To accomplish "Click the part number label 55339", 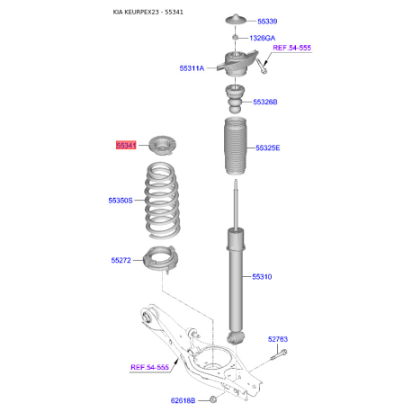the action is point(267,22).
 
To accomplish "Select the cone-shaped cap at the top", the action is point(236,20).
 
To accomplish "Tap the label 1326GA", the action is point(262,38).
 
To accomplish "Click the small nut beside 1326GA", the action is point(236,37).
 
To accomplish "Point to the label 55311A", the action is point(192,68).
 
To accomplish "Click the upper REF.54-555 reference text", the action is point(291,48).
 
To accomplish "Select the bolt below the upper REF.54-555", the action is point(262,67).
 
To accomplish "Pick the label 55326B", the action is point(265,102).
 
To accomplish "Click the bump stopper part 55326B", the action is point(235,99).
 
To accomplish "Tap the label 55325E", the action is point(267,148).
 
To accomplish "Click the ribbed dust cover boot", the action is point(236,147).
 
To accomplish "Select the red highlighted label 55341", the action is point(126,146).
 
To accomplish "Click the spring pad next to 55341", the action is point(162,146).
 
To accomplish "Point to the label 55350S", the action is point(121,201).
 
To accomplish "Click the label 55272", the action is point(121,260).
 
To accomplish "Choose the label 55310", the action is point(262,277).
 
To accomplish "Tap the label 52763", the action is point(278,339).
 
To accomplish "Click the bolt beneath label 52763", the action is point(279,354).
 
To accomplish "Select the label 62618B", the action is point(183,400).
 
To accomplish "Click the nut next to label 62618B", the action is point(213,399).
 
